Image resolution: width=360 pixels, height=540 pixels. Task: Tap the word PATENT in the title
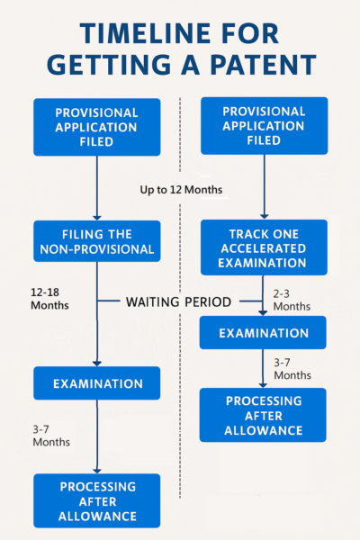[x=263, y=65]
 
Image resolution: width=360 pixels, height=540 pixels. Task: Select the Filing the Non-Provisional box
[x=97, y=241]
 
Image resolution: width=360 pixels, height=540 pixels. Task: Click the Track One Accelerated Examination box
[x=264, y=247]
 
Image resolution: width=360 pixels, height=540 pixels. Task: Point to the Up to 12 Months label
[x=181, y=190]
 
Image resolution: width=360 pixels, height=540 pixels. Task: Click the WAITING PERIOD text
[x=178, y=302]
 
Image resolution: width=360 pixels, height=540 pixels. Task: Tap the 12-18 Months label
[x=49, y=299]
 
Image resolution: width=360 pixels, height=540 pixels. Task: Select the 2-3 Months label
[x=292, y=300]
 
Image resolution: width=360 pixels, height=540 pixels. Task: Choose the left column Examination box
[x=97, y=383]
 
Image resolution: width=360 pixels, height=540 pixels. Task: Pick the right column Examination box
[x=263, y=333]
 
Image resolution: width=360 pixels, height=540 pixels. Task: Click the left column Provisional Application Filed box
[x=97, y=127]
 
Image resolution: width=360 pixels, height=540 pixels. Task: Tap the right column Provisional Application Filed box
[x=265, y=126]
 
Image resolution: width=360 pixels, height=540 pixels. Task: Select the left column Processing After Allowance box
[x=97, y=500]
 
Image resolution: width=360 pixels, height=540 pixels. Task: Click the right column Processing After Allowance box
[x=263, y=415]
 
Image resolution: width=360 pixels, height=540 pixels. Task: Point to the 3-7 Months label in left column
[x=51, y=436]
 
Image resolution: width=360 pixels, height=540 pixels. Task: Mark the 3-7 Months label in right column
[x=292, y=369]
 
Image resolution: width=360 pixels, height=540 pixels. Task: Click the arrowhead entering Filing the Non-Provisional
[x=97, y=217]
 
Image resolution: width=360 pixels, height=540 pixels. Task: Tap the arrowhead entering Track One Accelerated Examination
[x=265, y=216]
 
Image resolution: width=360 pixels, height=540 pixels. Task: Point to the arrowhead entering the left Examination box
[x=97, y=364]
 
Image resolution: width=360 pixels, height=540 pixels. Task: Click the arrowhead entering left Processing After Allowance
[x=97, y=471]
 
